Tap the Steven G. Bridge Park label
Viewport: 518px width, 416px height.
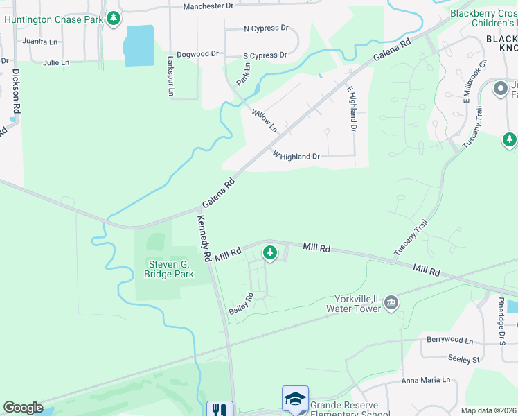[x=169, y=269]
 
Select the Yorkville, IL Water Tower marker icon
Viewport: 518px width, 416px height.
[x=391, y=302]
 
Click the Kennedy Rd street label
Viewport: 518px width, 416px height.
[x=204, y=238]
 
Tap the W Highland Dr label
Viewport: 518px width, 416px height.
[x=296, y=157]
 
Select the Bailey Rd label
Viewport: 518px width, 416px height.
[x=241, y=304]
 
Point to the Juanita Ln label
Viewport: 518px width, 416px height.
[x=39, y=42]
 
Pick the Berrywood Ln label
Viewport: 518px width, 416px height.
[x=449, y=341]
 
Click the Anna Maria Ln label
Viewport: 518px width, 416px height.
[x=426, y=380]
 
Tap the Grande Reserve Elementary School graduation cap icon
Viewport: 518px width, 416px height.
[x=295, y=399]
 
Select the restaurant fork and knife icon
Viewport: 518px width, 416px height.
[x=220, y=409]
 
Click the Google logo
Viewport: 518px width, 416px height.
[x=23, y=408]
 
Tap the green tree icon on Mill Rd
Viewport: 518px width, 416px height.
[x=270, y=253]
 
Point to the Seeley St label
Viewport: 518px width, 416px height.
[x=465, y=360]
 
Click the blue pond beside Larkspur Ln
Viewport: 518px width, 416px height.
[x=138, y=46]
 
